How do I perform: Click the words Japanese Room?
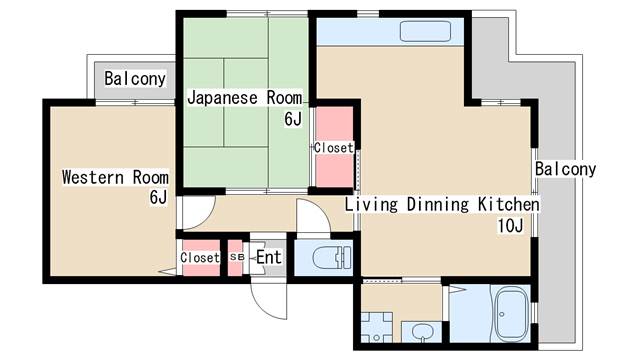click(x=244, y=98)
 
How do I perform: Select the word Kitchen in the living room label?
click(x=506, y=205)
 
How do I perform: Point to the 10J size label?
click(x=510, y=226)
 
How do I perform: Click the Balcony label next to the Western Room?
click(x=135, y=78)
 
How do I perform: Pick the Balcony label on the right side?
click(x=565, y=169)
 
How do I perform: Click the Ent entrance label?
click(x=269, y=258)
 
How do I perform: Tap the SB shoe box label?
click(x=236, y=257)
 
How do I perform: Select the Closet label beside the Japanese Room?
click(x=334, y=148)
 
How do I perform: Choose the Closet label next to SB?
click(x=199, y=258)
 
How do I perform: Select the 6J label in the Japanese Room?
click(x=292, y=120)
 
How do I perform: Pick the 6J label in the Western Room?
click(x=158, y=197)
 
